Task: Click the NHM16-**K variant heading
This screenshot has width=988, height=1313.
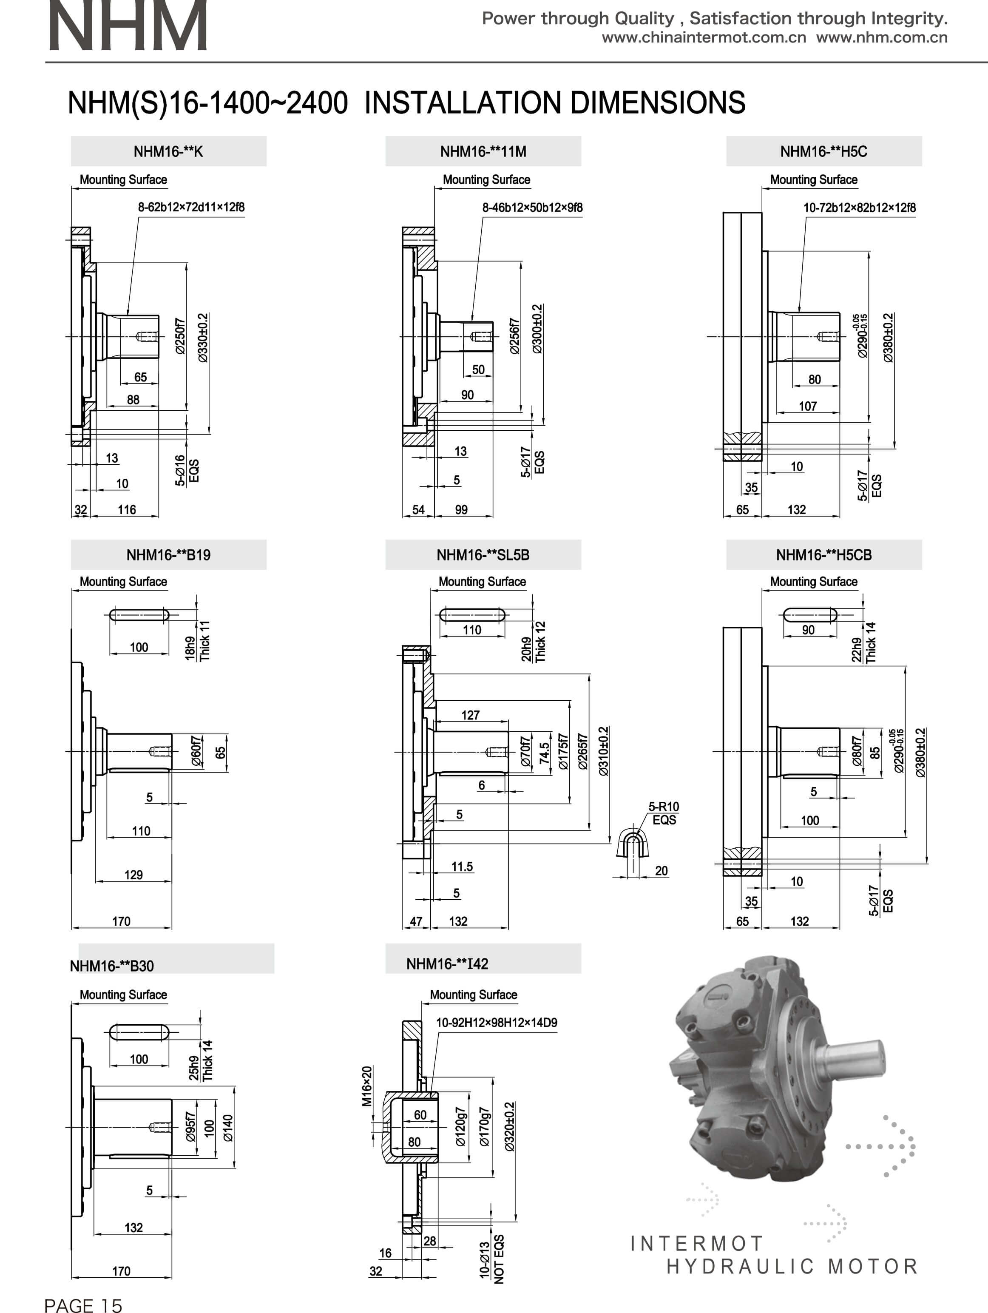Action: tap(168, 152)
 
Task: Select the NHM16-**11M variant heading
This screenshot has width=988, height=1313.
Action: tap(483, 152)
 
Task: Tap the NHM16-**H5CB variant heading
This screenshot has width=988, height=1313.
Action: tap(823, 555)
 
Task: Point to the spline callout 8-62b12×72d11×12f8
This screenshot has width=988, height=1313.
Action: tap(191, 207)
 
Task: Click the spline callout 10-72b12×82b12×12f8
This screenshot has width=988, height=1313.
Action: tap(859, 208)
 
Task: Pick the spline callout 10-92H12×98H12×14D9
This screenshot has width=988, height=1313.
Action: tap(497, 1023)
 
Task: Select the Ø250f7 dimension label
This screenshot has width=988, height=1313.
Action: tap(180, 337)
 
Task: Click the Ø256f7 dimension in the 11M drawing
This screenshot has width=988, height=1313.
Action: tap(514, 337)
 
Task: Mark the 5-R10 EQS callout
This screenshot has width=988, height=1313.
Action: tap(663, 813)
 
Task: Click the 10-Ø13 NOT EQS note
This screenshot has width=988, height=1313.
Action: tap(491, 1259)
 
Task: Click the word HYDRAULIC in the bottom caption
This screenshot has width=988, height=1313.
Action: tap(739, 1267)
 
